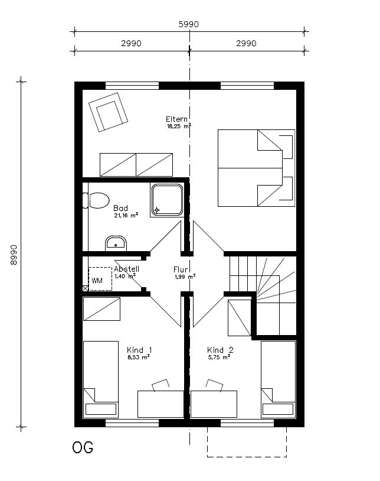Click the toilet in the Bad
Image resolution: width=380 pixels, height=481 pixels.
(x=96, y=201)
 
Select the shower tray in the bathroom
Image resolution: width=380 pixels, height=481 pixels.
(x=167, y=200)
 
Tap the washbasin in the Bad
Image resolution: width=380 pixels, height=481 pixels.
(x=116, y=243)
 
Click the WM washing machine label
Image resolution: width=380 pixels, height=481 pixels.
(x=97, y=280)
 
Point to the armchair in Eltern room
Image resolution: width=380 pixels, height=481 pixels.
(x=108, y=112)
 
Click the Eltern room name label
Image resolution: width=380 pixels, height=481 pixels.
(x=176, y=119)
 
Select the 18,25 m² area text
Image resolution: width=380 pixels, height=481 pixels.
(x=179, y=126)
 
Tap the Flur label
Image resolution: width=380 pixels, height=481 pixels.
(x=181, y=269)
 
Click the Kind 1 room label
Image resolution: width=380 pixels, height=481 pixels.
(x=139, y=350)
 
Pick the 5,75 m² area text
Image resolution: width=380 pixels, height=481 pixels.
(x=219, y=357)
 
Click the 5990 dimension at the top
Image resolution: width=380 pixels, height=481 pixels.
(x=189, y=24)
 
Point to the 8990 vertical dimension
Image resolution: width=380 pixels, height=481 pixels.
(x=14, y=255)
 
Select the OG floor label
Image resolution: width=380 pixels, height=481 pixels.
(x=83, y=447)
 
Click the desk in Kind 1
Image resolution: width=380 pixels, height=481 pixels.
(x=160, y=404)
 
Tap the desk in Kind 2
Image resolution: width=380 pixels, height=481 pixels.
(x=214, y=404)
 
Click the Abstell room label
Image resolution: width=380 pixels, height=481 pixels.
(x=126, y=269)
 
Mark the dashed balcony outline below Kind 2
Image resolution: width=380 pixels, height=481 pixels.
(x=247, y=457)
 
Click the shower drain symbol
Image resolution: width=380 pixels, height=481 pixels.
(x=157, y=210)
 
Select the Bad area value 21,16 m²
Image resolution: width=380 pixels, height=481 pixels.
(x=126, y=215)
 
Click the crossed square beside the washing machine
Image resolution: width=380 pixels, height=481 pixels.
(x=86, y=288)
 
